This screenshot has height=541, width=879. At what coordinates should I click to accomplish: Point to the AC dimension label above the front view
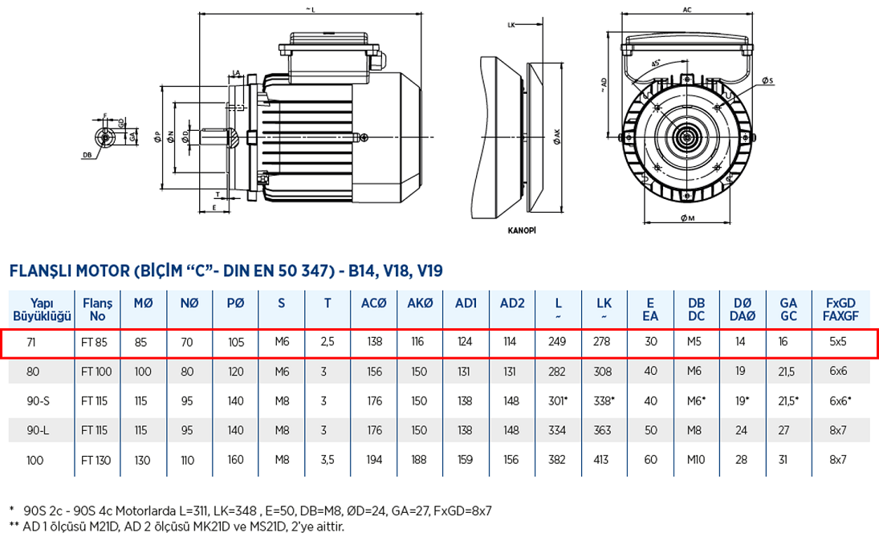click(687, 10)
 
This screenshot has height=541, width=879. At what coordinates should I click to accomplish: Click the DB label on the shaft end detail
click(86, 154)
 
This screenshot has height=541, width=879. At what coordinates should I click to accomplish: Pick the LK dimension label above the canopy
click(511, 25)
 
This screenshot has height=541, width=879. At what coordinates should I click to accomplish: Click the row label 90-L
click(38, 430)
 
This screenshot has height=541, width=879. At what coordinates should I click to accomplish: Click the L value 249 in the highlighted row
click(557, 342)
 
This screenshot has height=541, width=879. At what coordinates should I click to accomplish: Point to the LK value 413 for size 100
click(604, 460)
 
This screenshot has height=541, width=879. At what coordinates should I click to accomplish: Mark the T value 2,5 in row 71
click(328, 342)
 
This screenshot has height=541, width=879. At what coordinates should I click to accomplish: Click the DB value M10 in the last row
click(697, 460)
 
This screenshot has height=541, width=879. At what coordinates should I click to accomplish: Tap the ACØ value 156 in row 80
click(374, 372)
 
